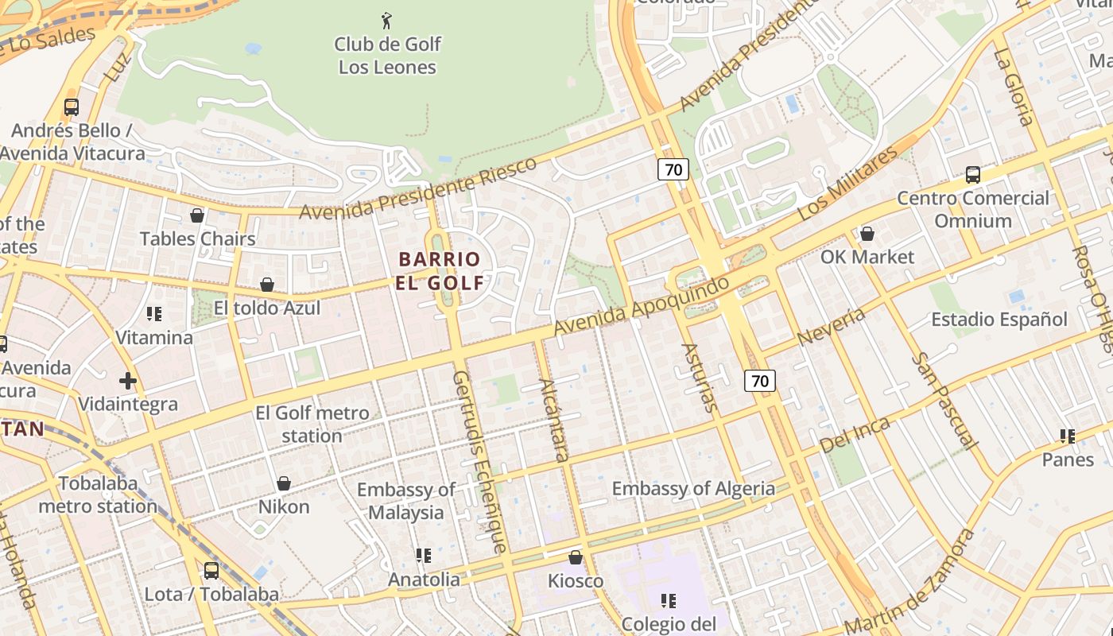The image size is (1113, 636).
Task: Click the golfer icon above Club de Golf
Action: [386, 21]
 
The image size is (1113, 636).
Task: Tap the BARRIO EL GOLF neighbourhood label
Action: [440, 270]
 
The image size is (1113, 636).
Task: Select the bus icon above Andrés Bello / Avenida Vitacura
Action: [72, 107]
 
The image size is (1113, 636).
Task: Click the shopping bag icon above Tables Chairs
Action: [197, 215]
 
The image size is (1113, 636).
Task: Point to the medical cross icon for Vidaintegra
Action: [128, 381]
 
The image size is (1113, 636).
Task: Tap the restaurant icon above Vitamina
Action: [154, 314]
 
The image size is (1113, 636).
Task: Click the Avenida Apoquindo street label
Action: [641, 306]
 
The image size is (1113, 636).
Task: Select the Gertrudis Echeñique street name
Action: [479, 461]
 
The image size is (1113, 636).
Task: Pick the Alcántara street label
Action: [554, 421]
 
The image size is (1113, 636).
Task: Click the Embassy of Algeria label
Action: [693, 488]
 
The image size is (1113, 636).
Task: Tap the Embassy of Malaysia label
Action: [405, 501]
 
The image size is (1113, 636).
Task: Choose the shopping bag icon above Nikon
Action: [284, 483]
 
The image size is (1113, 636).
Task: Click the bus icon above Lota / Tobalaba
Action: [211, 570]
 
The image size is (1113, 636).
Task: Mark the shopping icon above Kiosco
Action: [576, 557]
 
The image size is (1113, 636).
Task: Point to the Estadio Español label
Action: [999, 320]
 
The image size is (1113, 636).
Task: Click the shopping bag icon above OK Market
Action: [867, 234]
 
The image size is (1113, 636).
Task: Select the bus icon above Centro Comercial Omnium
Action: [973, 175]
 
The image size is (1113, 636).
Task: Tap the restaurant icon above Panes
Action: [1068, 436]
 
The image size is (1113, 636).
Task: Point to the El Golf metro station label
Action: [312, 425]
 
